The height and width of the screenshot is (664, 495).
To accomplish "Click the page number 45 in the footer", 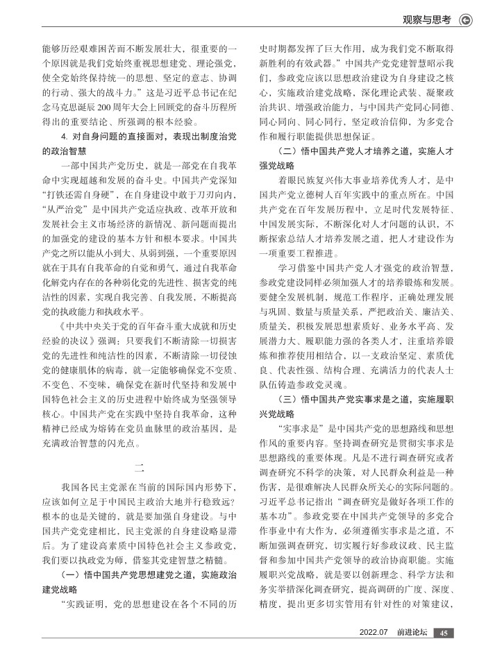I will (x=445, y=633).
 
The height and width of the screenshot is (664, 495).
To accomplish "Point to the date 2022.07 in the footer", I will (x=376, y=633).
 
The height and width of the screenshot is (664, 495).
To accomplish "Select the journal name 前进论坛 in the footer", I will (x=412, y=633).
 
